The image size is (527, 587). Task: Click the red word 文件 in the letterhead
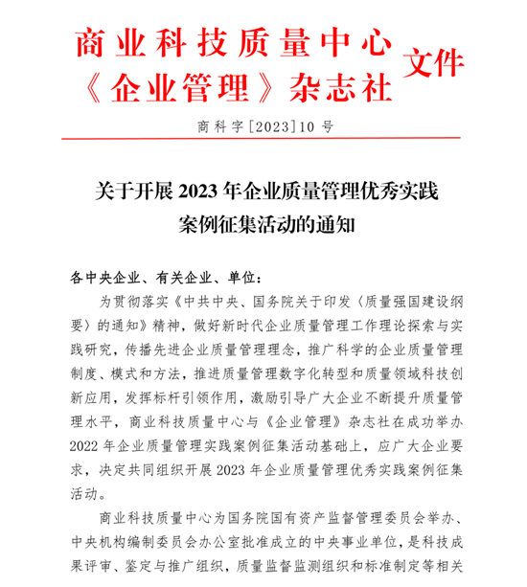pos(435,64)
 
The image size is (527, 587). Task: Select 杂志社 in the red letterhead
pos(347,86)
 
